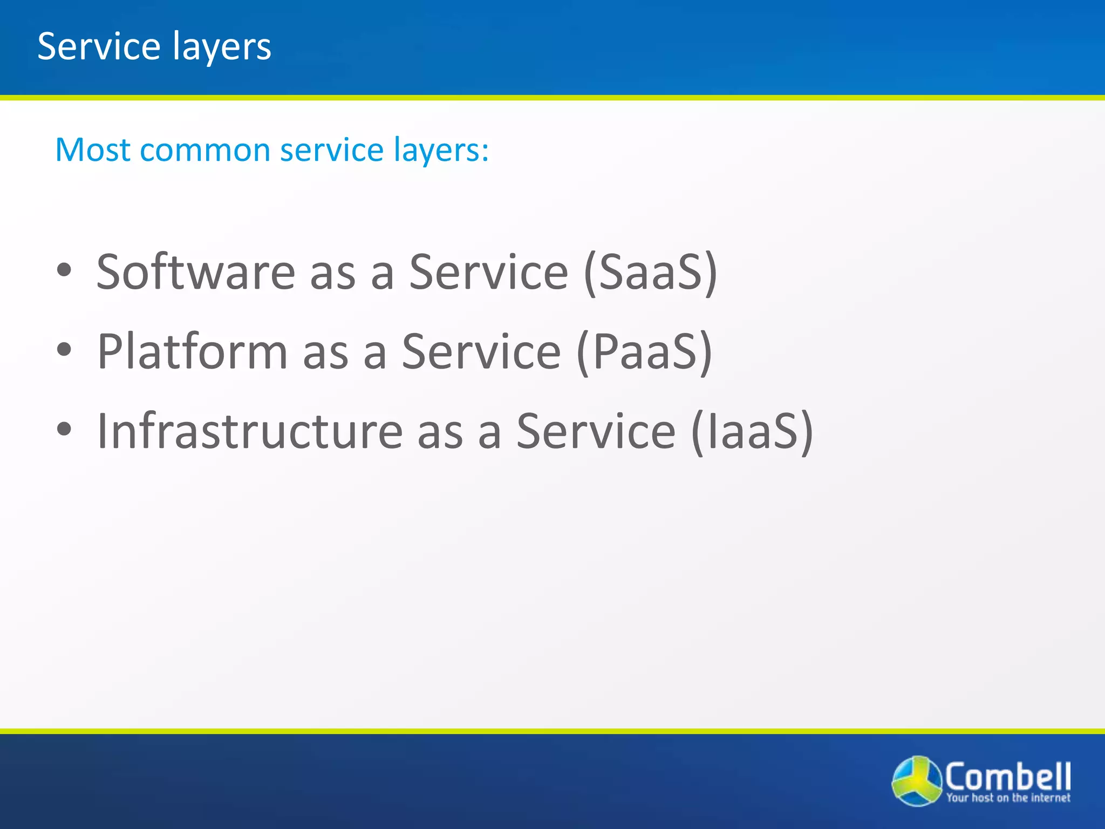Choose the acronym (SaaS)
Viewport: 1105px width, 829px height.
(651, 273)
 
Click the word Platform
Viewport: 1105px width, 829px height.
(192, 351)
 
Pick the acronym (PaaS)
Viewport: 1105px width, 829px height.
(644, 352)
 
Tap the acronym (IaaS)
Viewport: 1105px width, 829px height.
(752, 432)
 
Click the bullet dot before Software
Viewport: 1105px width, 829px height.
(64, 270)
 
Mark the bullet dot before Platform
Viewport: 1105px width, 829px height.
(64, 350)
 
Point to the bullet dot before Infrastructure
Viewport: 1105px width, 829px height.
(64, 429)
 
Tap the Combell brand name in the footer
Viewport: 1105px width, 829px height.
(1008, 776)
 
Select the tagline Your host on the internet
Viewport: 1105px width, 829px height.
(1008, 798)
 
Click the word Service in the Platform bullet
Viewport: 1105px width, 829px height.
(481, 351)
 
